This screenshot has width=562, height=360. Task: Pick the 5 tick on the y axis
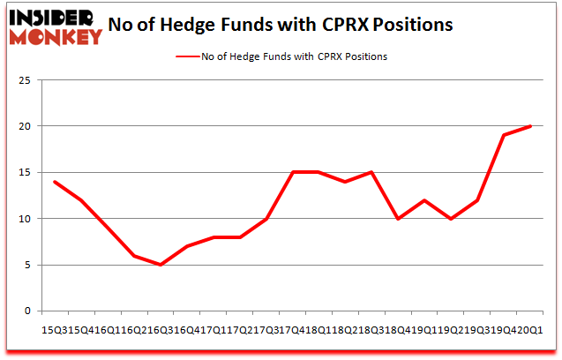click(x=28, y=265)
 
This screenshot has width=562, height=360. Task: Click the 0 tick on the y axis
click(x=28, y=311)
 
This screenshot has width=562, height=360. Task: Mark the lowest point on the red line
click(x=161, y=265)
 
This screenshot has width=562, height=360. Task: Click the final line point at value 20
click(x=530, y=126)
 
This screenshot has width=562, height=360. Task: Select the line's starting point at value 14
click(x=55, y=182)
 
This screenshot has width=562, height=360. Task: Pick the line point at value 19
click(x=504, y=135)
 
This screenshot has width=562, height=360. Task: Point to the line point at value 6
click(x=134, y=256)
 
